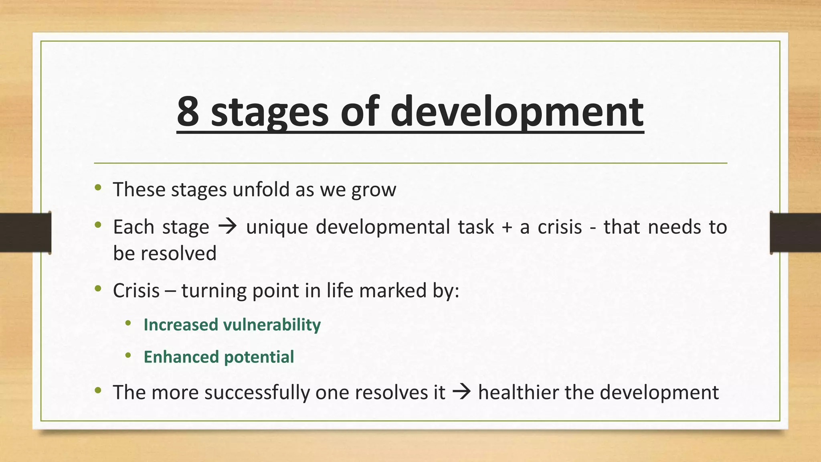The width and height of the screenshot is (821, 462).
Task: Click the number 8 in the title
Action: point(188,111)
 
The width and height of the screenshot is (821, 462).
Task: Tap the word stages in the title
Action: point(269,113)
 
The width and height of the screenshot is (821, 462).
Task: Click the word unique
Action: point(277,228)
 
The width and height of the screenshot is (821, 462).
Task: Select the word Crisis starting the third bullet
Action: point(136,290)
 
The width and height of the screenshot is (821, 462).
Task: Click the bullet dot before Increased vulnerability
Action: point(128,323)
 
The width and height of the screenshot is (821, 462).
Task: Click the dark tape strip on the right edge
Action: point(795,233)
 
